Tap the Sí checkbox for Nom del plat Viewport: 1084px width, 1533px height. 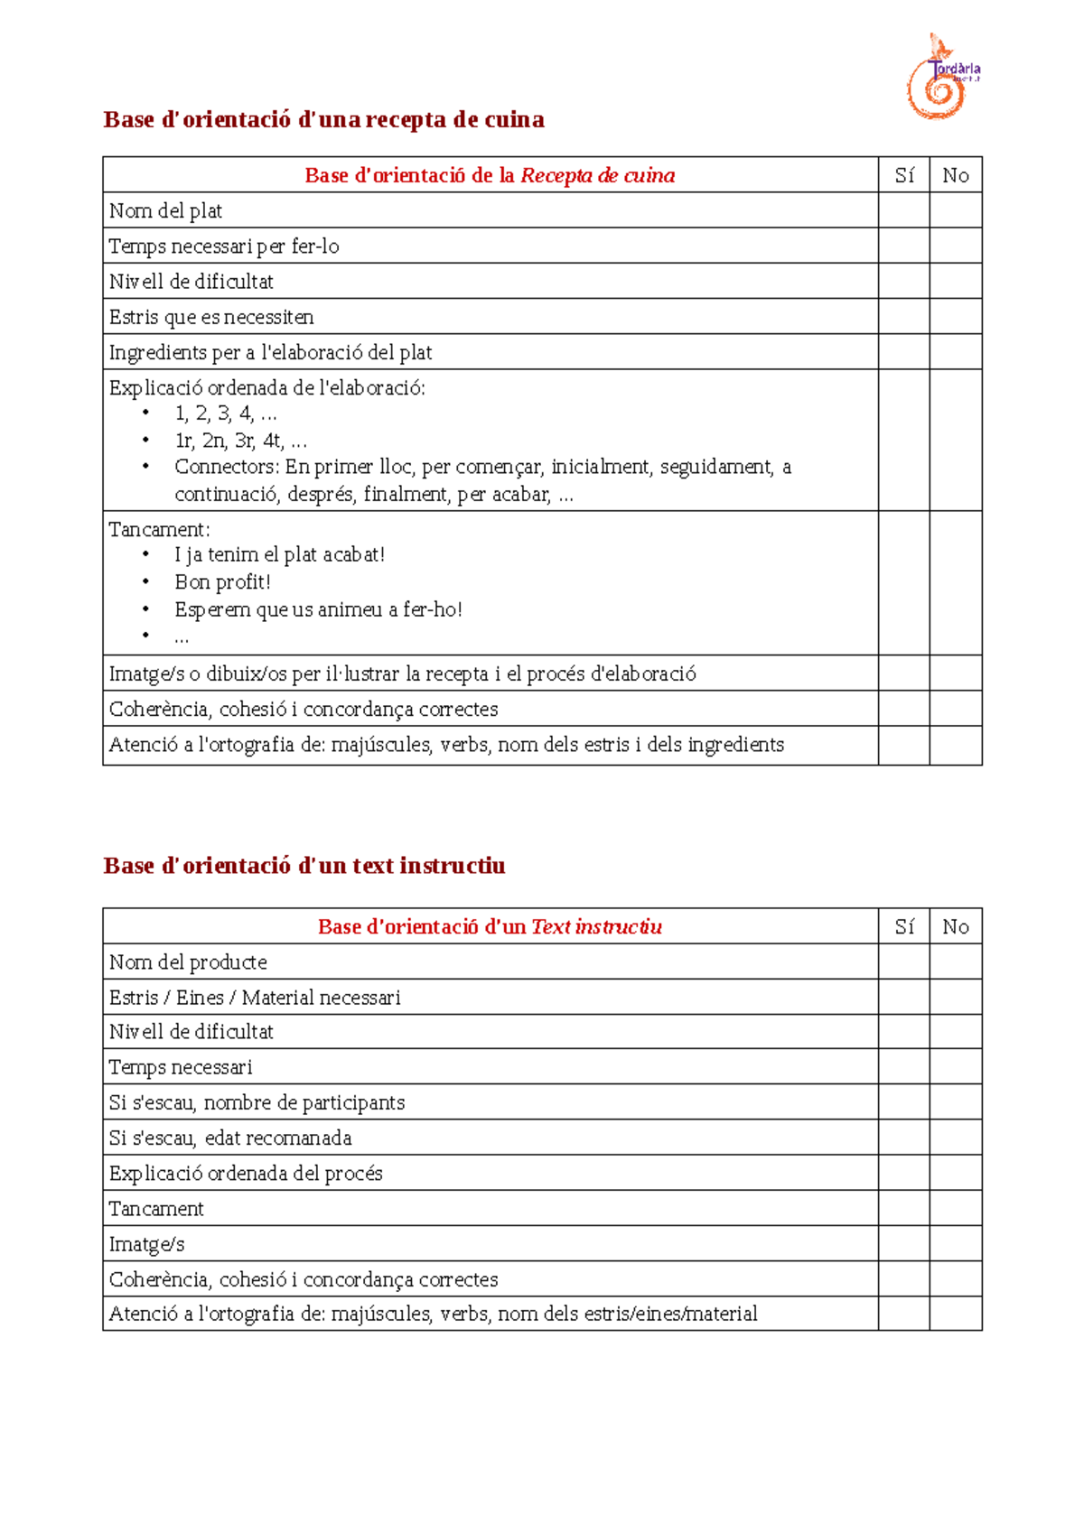click(903, 210)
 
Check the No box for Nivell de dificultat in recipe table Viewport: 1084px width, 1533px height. click(956, 281)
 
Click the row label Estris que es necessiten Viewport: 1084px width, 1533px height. click(211, 317)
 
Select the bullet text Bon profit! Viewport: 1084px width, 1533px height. click(222, 582)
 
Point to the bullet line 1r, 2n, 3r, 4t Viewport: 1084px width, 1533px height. click(240, 441)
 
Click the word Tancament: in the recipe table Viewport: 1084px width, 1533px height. click(159, 529)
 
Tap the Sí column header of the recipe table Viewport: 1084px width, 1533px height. click(904, 175)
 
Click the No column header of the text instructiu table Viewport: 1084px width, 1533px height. click(956, 926)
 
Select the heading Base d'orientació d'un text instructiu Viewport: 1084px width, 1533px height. click(304, 866)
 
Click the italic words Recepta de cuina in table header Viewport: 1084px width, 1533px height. click(597, 175)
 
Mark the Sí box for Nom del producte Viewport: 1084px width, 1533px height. click(903, 962)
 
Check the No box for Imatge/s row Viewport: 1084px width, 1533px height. click(956, 1244)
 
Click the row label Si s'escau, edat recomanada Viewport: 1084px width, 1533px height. click(230, 1138)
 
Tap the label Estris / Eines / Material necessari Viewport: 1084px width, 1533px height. click(255, 998)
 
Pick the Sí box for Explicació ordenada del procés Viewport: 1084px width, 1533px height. click(903, 1173)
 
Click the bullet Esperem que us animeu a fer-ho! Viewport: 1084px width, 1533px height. click(318, 609)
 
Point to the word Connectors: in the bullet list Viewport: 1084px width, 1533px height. click(227, 467)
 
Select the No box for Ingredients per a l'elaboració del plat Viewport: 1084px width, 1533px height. click(956, 352)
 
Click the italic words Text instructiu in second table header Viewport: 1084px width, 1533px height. click(596, 926)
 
